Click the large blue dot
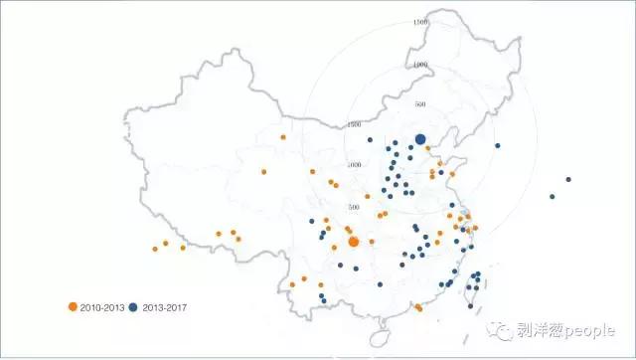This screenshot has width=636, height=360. pyautogui.click(x=420, y=140)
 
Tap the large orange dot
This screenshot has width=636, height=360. pyautogui.click(x=354, y=242)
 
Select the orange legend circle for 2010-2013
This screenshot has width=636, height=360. pyautogui.click(x=72, y=306)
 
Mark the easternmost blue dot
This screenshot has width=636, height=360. pyautogui.click(x=568, y=180)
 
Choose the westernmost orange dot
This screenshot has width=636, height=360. pyautogui.click(x=155, y=249)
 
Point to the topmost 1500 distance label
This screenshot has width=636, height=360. pyautogui.click(x=420, y=22)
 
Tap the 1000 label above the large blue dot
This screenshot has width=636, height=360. pyautogui.click(x=420, y=65)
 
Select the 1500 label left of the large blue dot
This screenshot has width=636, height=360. pyautogui.click(x=355, y=125)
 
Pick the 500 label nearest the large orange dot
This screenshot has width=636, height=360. pyautogui.click(x=354, y=207)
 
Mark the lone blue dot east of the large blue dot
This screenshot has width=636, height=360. pyautogui.click(x=497, y=147)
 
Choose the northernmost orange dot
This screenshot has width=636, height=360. pyautogui.click(x=283, y=137)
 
